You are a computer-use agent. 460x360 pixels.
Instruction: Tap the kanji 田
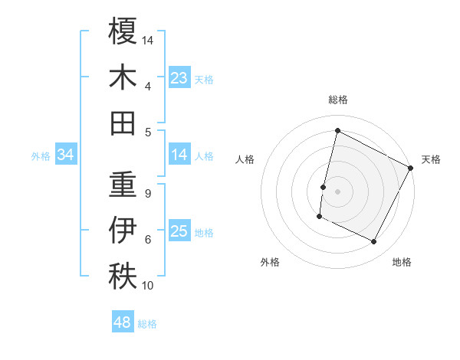point(123,123)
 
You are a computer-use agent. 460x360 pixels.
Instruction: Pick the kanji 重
point(123,184)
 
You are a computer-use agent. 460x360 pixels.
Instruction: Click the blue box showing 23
point(179,77)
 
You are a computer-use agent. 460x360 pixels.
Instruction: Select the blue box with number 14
point(179,155)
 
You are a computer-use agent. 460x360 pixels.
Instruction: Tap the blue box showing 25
point(179,231)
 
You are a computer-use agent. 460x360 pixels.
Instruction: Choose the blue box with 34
point(66,155)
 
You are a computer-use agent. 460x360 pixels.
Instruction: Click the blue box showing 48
point(123,322)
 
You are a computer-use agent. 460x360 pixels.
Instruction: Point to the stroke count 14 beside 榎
point(148,39)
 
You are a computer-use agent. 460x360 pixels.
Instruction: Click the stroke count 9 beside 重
point(147,193)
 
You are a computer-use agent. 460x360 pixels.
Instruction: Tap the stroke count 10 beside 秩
point(148,286)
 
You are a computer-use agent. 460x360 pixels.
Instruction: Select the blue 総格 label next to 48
point(147,324)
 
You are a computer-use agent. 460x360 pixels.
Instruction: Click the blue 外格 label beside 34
point(41,156)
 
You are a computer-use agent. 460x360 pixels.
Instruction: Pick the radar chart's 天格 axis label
point(431,159)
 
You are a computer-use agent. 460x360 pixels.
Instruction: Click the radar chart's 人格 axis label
point(245,159)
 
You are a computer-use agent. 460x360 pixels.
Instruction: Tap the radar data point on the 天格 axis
point(411,168)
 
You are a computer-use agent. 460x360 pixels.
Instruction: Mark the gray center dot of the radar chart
point(337,191)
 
